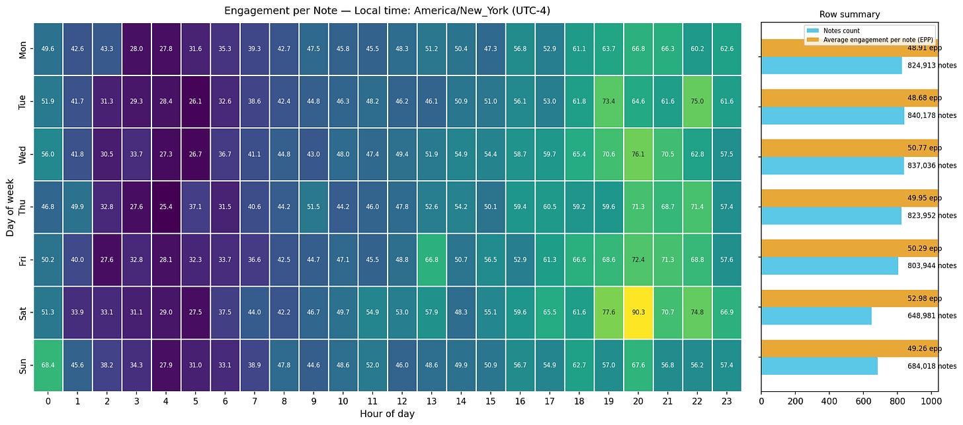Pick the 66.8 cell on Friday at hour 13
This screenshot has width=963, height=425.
click(432, 259)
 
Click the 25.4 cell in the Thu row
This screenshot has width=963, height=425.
click(166, 207)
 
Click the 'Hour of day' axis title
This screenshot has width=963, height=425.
click(388, 414)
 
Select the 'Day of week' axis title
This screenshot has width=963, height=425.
click(10, 207)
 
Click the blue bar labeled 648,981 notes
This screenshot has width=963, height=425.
click(816, 316)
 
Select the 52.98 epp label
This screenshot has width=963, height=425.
click(924, 299)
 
